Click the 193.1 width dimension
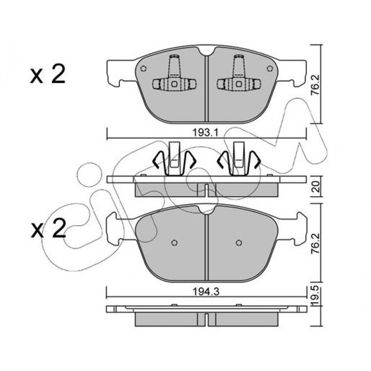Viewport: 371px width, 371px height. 205,132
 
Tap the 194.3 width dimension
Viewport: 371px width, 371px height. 206,292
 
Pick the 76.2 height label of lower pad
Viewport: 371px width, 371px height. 315,243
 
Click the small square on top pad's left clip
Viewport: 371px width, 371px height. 174,84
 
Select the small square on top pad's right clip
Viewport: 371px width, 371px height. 239,84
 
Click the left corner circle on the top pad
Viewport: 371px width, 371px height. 143,69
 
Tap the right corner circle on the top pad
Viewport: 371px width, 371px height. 270,69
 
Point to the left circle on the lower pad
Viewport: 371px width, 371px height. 174,243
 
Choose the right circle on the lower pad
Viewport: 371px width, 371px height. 239,243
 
